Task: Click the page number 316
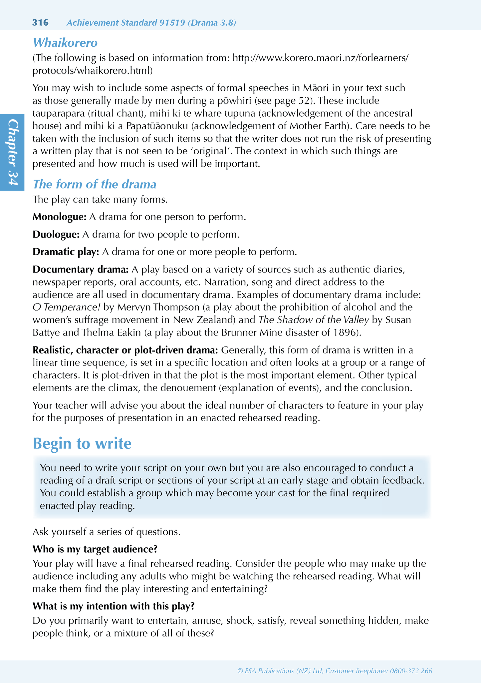tap(40, 23)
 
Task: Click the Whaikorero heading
tap(65, 43)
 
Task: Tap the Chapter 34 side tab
tap(12, 152)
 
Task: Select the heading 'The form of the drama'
tap(95, 184)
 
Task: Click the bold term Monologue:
tap(59, 217)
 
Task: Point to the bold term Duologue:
tap(56, 235)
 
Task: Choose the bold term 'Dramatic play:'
tap(66, 252)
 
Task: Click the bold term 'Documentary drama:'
tap(81, 269)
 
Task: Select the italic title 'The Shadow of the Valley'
tap(314, 320)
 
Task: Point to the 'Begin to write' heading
tap(82, 443)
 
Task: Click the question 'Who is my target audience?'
tap(95, 549)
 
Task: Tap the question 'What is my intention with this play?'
tap(113, 606)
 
